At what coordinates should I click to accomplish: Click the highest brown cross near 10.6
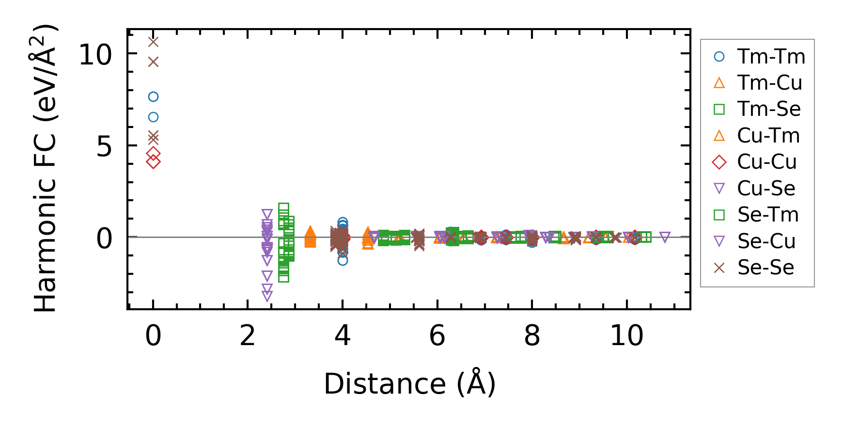pyautogui.click(x=153, y=42)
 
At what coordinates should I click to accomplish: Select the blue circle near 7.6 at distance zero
pyautogui.click(x=153, y=97)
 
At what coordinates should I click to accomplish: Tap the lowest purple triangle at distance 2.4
pyautogui.click(x=267, y=296)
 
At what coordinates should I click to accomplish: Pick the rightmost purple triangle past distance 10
pyautogui.click(x=665, y=237)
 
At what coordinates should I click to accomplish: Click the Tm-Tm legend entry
pyautogui.click(x=758, y=57)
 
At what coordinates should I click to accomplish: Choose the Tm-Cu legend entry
pyautogui.click(x=758, y=83)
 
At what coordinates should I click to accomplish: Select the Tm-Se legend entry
pyautogui.click(x=758, y=109)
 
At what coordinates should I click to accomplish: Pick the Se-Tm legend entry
pyautogui.click(x=758, y=215)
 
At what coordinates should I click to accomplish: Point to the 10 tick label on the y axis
pyautogui.click(x=95, y=54)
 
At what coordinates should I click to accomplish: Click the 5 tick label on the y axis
pyautogui.click(x=104, y=146)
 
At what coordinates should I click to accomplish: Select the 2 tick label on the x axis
pyautogui.click(x=248, y=335)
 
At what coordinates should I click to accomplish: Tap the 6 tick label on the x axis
pyautogui.click(x=437, y=335)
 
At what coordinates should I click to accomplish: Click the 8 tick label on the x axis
pyautogui.click(x=532, y=335)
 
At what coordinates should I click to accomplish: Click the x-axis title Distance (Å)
pyautogui.click(x=409, y=384)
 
